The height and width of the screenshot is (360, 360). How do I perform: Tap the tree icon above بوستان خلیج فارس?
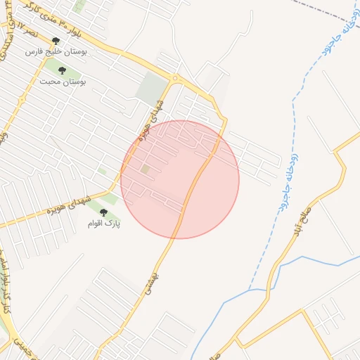(56, 41)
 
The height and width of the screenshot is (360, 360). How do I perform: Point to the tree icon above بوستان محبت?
(62, 70)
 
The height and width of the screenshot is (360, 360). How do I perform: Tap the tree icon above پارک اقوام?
(103, 212)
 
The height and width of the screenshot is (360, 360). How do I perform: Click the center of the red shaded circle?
(180, 179)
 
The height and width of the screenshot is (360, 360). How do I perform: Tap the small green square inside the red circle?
(146, 169)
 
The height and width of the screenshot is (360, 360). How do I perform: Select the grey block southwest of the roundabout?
(151, 88)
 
